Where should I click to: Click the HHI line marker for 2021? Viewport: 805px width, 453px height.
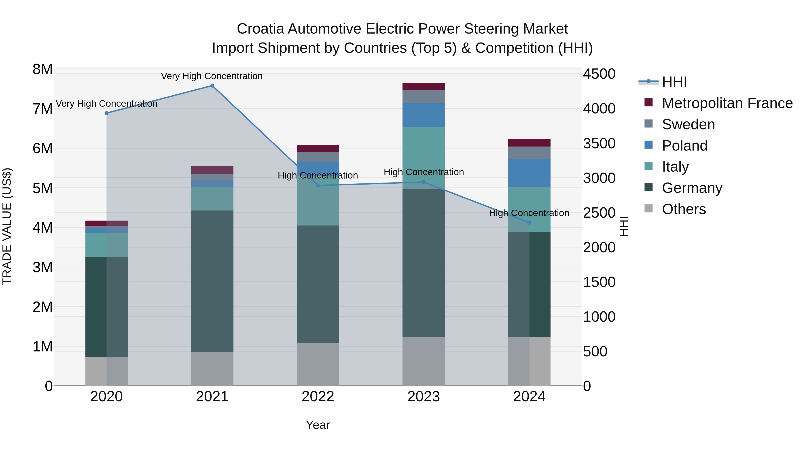click(212, 86)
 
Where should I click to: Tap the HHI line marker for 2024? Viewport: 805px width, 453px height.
click(529, 223)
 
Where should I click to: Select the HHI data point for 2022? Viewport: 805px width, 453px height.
click(318, 185)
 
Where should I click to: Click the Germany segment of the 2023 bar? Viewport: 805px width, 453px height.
click(424, 263)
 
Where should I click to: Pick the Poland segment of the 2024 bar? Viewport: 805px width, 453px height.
click(529, 173)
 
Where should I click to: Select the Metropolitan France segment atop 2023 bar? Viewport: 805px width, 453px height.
click(424, 87)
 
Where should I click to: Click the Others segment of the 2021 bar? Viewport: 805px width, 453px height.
click(212, 369)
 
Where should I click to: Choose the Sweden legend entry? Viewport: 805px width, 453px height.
click(688, 124)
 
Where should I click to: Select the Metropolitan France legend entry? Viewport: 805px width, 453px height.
click(727, 103)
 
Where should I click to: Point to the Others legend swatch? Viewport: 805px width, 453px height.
click(648, 208)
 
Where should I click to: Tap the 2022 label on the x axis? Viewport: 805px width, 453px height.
click(318, 397)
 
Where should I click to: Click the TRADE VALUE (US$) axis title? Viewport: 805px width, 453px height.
click(7, 226)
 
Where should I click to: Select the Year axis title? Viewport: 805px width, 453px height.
click(318, 425)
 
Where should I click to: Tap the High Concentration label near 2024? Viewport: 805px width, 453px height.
click(529, 213)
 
